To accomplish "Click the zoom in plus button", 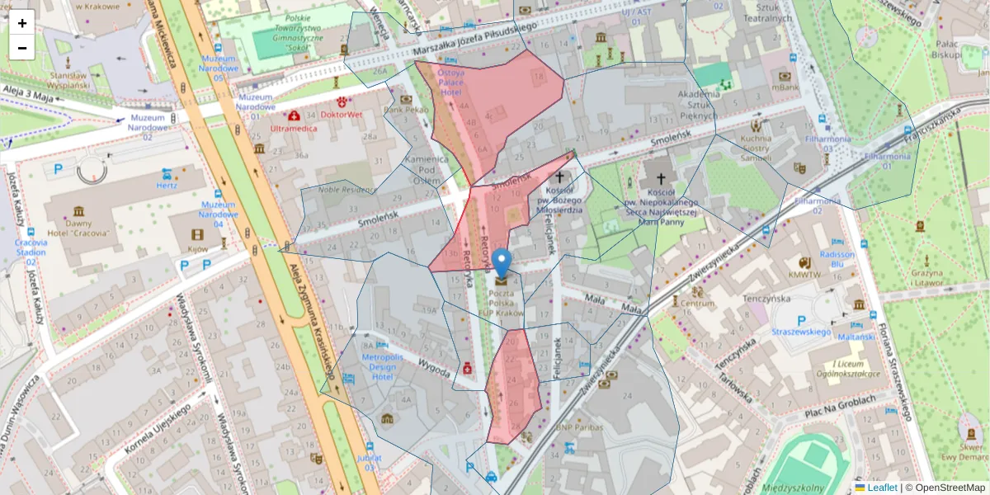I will pos(22,23).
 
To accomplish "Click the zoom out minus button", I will pos(22,48).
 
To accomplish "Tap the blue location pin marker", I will pos(502,264).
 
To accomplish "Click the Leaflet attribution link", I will pos(881,488).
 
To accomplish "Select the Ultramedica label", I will pos(293,130).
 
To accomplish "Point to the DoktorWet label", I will pos(341,115).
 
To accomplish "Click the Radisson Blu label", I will pos(837,260).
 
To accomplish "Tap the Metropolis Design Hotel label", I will pos(383,366).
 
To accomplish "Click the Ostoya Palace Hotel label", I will pos(450,82).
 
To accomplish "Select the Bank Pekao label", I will pos(405,109).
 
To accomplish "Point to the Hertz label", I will pos(167,186).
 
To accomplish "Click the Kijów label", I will pos(197,248).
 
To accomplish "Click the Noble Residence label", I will pos(346,190).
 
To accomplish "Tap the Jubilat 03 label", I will pos(370,462).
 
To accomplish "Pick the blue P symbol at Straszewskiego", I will pos(801,320).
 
